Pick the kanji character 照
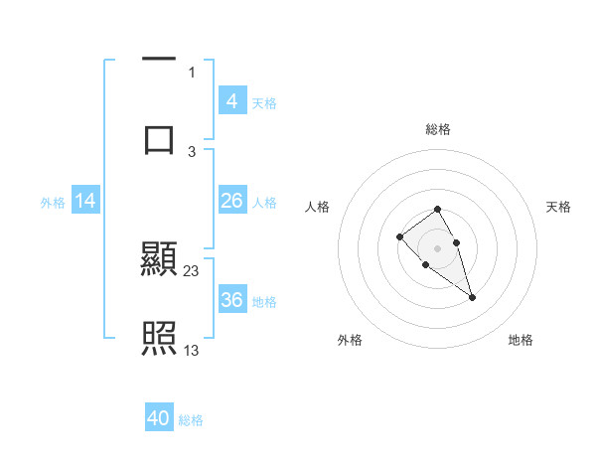pyautogui.click(x=159, y=339)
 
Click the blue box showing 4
pyautogui.click(x=231, y=101)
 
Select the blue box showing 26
pyautogui.click(x=231, y=201)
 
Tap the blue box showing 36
pyautogui.click(x=231, y=300)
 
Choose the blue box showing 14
pyautogui.click(x=85, y=201)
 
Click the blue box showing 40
pyautogui.click(x=159, y=418)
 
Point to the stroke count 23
pyautogui.click(x=192, y=271)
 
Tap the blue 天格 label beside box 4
pyautogui.click(x=264, y=103)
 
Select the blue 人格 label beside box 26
pyautogui.click(x=264, y=203)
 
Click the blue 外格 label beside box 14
pyautogui.click(x=53, y=203)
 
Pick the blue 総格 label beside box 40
pyautogui.click(x=191, y=420)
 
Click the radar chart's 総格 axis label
pyautogui.click(x=438, y=129)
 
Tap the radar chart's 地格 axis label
pyautogui.click(x=521, y=341)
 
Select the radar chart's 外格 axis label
pyautogui.click(x=350, y=341)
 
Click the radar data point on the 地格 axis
pyautogui.click(x=472, y=297)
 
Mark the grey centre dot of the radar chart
pyautogui.click(x=438, y=247)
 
